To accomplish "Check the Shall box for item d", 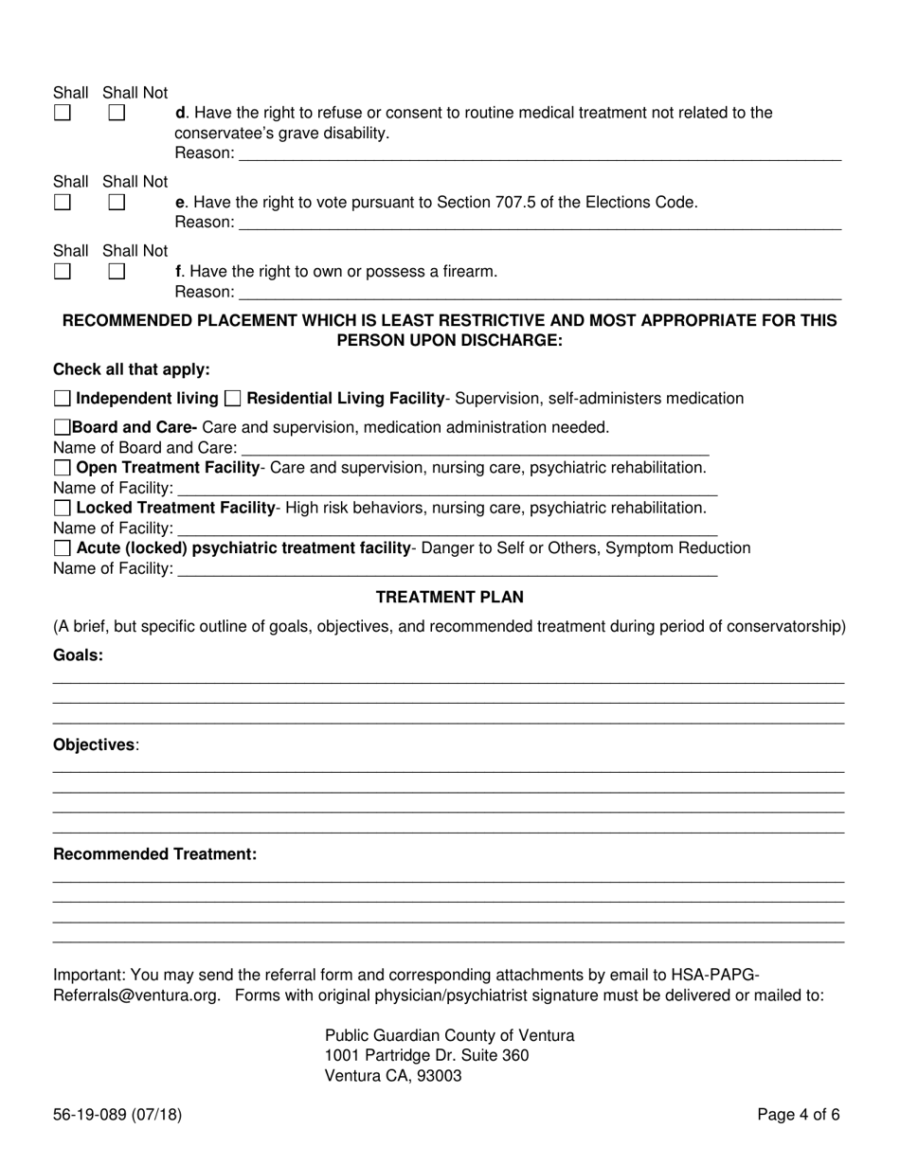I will tap(62, 113).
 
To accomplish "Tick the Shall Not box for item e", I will tap(117, 202).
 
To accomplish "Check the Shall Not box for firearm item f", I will tap(117, 271).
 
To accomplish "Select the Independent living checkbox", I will tap(63, 399).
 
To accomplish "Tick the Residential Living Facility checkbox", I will tap(233, 399).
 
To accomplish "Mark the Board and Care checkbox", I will tap(63, 427).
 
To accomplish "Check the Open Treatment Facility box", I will tap(63, 468).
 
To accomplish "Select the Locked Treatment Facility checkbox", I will tap(63, 508).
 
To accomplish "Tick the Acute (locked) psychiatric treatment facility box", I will tap(63, 548).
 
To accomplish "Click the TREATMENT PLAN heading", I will tap(450, 598).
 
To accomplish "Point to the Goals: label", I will tap(79, 655).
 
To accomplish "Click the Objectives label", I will tap(95, 745).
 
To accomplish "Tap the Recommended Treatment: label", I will tap(154, 854).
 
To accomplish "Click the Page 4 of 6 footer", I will tap(798, 1115).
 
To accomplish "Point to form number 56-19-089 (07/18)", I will tap(117, 1115).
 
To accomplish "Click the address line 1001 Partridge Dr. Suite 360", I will tap(426, 1055).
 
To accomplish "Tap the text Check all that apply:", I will tap(131, 369).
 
